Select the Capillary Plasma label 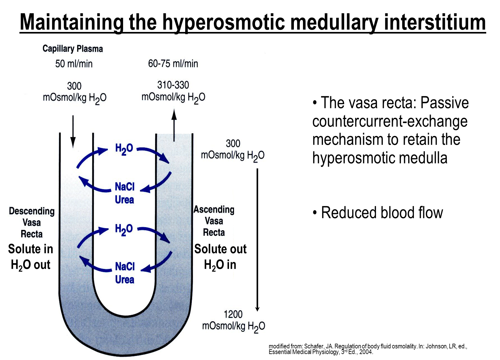tap(73, 49)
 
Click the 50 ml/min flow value tap(74, 64)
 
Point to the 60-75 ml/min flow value tap(173, 64)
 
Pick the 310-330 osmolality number tap(173, 85)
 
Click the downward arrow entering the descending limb tap(73, 132)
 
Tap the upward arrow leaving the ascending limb tap(174, 125)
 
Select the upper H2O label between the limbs tap(124, 149)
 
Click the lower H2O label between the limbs tap(124, 230)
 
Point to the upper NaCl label tap(125, 187)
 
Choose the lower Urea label tap(125, 280)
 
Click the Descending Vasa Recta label tap(32, 222)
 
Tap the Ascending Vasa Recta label tap(214, 221)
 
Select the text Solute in tap(31, 249)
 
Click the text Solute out tap(220, 249)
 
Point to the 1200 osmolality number tap(233, 315)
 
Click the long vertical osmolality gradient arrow tap(258, 240)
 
